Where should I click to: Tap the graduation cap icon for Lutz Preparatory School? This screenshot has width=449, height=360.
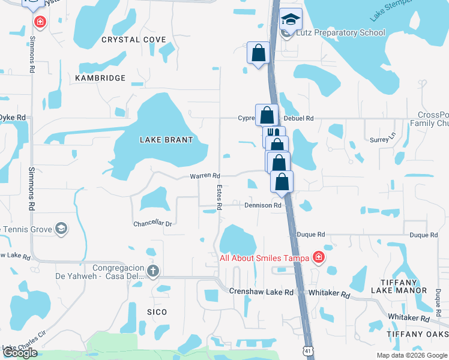tap(291, 20)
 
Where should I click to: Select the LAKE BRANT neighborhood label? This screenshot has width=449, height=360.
tap(166, 140)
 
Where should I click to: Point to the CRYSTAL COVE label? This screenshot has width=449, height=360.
tap(133, 40)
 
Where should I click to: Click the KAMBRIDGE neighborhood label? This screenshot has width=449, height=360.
tap(100, 78)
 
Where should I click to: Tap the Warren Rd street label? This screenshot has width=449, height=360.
tap(205, 176)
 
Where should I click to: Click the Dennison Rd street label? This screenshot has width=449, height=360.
tap(263, 205)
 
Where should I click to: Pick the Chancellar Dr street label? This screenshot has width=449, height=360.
tap(152, 224)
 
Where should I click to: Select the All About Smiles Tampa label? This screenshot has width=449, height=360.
tap(264, 259)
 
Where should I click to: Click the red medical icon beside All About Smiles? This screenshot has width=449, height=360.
tap(319, 259)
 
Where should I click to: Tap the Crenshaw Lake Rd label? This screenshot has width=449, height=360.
tap(261, 292)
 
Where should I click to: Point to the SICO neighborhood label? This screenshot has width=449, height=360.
tap(157, 312)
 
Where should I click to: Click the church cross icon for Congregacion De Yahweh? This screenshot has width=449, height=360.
tap(153, 271)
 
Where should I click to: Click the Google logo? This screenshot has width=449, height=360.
tap(20, 353)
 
